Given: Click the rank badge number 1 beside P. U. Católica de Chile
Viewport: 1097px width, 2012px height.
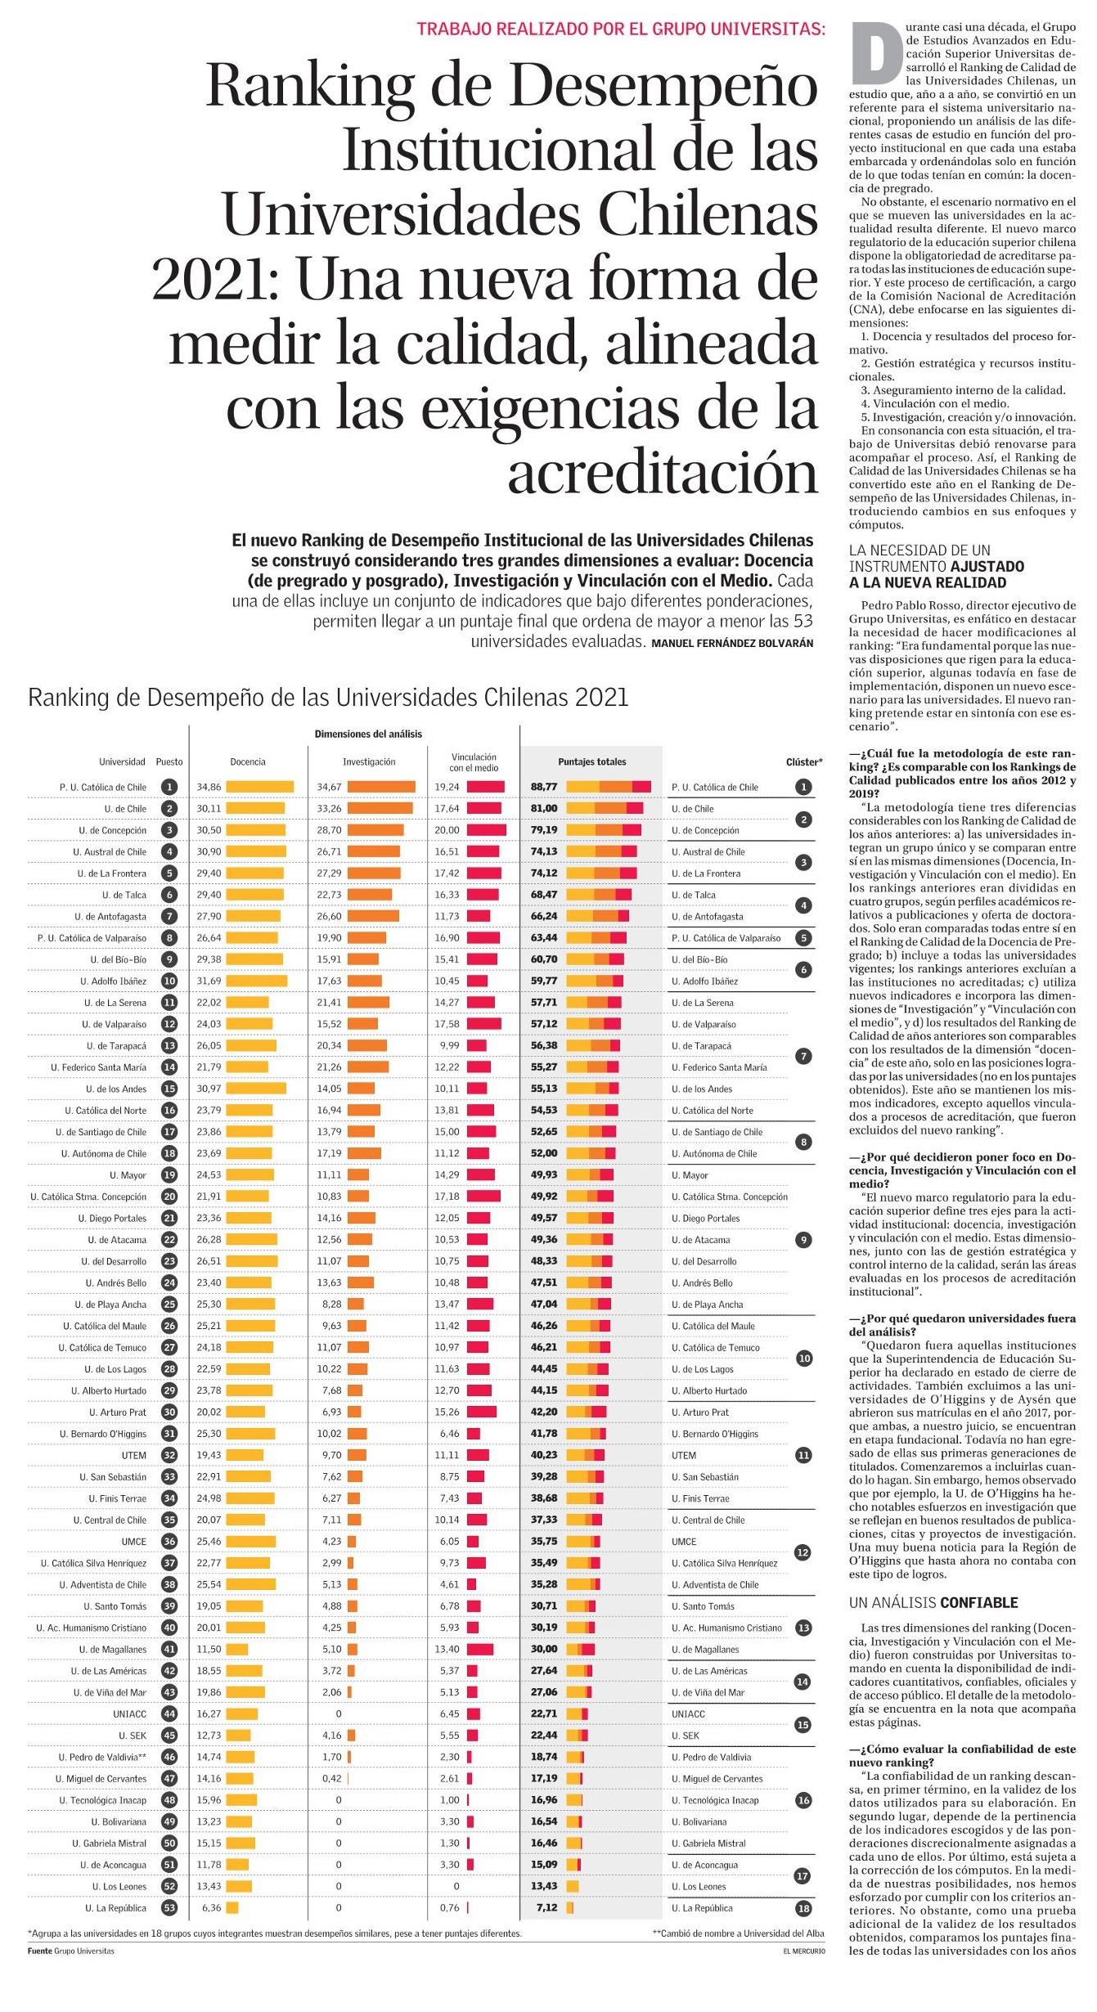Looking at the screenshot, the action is [169, 787].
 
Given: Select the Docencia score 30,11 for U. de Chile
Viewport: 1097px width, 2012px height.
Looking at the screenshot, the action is [209, 808].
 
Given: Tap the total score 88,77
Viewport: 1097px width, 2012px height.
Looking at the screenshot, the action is [544, 787].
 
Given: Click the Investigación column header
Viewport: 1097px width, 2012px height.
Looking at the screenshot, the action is [369, 761].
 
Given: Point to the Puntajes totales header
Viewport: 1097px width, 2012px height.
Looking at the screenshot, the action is [592, 761].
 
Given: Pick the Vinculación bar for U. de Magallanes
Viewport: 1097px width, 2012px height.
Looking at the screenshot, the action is [480, 1649].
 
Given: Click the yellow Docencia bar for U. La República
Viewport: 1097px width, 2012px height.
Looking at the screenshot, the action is [232, 1908].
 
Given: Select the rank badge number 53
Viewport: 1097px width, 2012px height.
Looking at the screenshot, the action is [169, 1908].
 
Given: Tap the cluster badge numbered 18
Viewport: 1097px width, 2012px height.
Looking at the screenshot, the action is [804, 1908].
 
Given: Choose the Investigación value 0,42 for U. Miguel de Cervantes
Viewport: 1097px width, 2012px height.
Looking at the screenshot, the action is [331, 1778].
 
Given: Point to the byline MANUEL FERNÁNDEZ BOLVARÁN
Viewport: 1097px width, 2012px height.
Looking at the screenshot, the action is [732, 644].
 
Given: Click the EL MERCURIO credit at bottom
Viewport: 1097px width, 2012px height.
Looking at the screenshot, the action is [803, 1951].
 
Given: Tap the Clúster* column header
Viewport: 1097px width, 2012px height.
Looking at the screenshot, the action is [804, 761].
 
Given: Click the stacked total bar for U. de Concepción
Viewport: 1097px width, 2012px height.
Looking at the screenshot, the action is [604, 830].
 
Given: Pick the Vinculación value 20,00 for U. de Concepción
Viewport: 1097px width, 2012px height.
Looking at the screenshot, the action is [447, 830].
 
